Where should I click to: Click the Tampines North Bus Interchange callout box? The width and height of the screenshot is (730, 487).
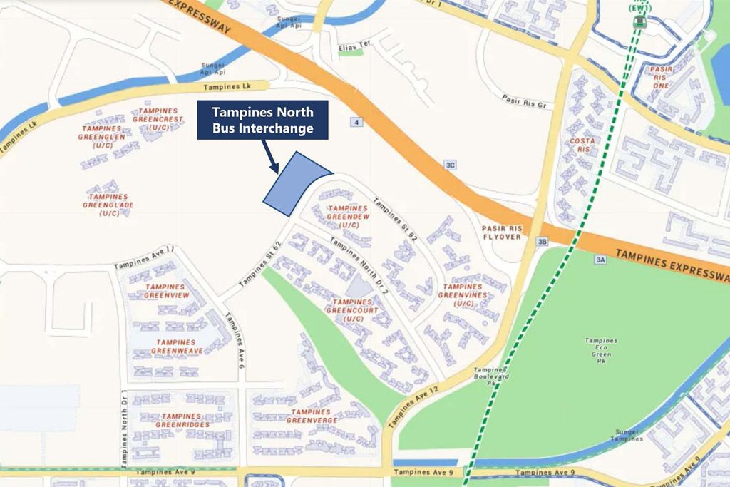(x=262, y=119)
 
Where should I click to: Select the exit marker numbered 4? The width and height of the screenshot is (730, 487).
(x=355, y=123)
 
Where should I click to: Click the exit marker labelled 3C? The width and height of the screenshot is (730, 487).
(x=450, y=165)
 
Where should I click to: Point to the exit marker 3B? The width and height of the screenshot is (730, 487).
(x=543, y=242)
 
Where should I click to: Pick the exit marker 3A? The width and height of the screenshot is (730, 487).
(x=600, y=260)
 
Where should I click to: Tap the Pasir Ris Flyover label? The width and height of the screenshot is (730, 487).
(x=502, y=232)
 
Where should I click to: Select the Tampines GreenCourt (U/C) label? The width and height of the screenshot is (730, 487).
(x=349, y=310)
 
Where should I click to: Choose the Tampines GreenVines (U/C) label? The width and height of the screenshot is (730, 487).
(x=462, y=294)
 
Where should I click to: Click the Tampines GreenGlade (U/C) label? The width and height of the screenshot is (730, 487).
(x=109, y=205)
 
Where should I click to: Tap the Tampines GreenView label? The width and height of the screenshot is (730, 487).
(x=167, y=291)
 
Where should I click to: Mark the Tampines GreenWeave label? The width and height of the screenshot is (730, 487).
(x=177, y=347)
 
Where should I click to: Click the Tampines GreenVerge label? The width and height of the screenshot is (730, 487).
(x=311, y=416)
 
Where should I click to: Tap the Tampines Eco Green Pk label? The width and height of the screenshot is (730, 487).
(x=600, y=347)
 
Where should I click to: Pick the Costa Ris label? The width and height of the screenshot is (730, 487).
(x=582, y=145)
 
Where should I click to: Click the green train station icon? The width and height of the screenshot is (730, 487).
(x=639, y=21)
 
